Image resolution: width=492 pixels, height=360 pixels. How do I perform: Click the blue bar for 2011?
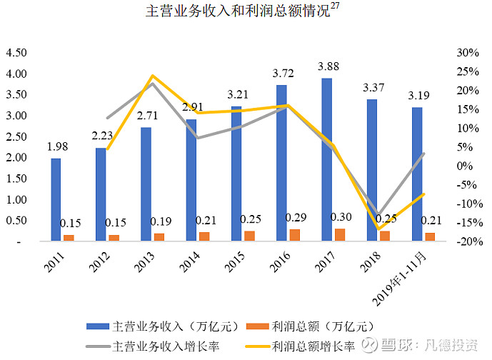56,199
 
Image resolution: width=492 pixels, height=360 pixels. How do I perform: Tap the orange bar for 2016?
295,235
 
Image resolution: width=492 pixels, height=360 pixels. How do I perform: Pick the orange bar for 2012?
114,238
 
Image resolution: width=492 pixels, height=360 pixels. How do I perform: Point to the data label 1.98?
58,146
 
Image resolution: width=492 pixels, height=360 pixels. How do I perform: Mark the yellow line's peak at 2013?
152,76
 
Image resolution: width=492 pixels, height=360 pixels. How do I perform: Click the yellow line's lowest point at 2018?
378,229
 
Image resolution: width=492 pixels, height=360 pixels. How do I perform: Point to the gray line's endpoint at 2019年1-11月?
423,154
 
